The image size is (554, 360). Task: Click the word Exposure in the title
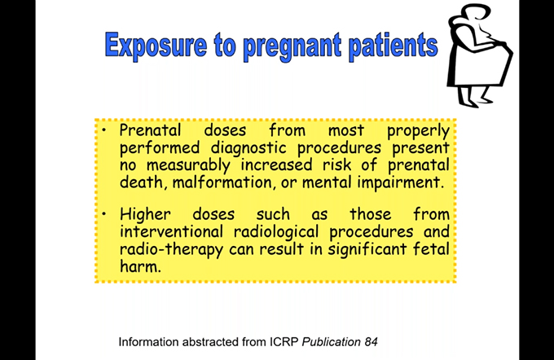point(156,45)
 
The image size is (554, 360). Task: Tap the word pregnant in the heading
point(292,47)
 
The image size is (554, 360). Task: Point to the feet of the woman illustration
point(475,100)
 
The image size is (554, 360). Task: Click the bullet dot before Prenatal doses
point(104,130)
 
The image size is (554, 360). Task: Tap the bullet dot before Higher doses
point(104,214)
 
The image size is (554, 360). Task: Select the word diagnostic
point(248,148)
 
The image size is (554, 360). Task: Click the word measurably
point(188,165)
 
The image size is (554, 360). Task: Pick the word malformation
point(222,182)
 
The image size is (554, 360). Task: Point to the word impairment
point(400,183)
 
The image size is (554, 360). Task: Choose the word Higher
point(145,215)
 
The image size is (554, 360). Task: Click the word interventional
point(171,232)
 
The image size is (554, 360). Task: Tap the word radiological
point(276,232)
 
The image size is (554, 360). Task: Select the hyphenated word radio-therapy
point(171,250)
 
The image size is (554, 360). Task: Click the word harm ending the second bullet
point(140,266)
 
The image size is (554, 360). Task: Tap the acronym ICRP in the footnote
point(284,342)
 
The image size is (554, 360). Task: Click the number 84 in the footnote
point(371,342)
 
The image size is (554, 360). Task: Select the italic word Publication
point(331,342)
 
